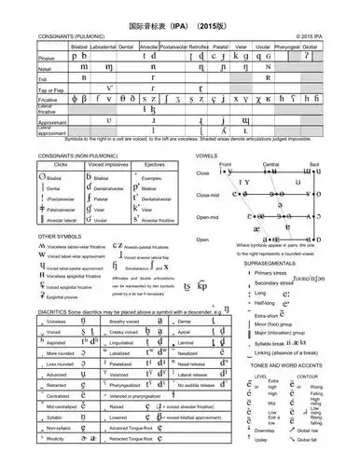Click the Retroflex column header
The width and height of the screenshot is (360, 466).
click(x=201, y=44)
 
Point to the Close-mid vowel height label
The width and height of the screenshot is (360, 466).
click(x=207, y=195)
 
